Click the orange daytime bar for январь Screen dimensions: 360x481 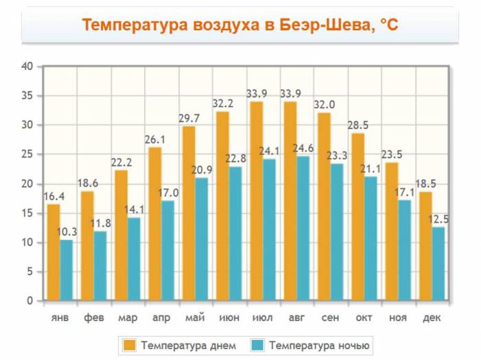coord(53,252)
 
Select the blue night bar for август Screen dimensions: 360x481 coord(303,228)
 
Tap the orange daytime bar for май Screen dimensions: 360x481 coord(188,213)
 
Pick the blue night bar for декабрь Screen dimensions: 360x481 coord(438,264)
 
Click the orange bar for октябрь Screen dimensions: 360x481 coord(358,216)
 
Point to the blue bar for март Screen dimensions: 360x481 coord(134,259)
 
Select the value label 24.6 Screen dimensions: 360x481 coord(304,148)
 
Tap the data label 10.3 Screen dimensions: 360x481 coord(67,232)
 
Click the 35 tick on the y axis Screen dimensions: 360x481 coord(27,95)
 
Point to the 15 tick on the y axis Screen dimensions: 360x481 coord(27,213)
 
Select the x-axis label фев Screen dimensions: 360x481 coord(94,318)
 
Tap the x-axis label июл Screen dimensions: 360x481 coord(262,318)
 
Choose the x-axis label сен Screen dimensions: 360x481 coord(330,318)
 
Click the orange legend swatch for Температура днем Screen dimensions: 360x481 coord(128,344)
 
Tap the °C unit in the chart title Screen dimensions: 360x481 coord(389,25)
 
